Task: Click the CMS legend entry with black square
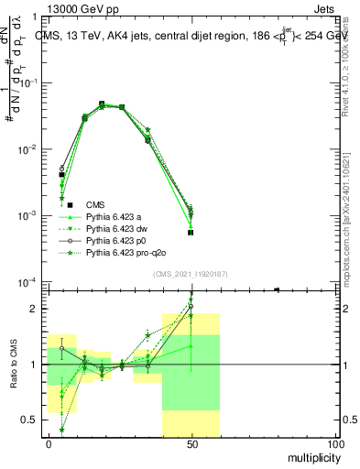point(95,204)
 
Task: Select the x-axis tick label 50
point(192,444)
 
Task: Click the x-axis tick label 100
point(335,444)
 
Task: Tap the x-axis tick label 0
point(49,444)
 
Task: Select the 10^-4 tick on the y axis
point(30,282)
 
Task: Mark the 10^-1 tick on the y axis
point(30,82)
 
